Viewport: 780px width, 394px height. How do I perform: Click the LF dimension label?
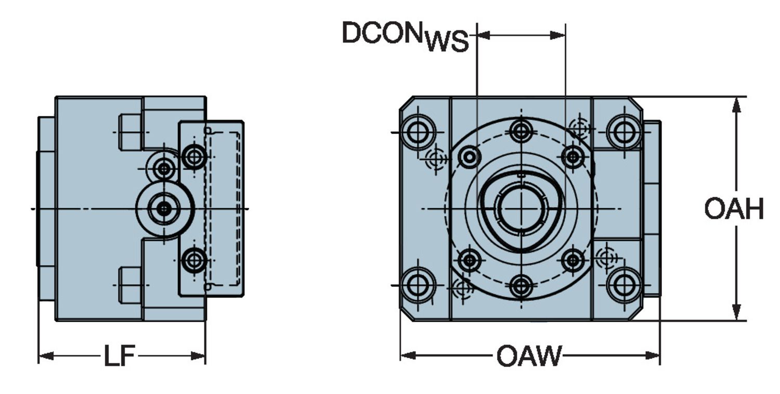[x=119, y=357]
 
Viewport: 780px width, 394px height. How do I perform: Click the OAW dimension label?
[x=529, y=357]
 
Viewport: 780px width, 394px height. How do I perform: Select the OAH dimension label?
[x=734, y=209]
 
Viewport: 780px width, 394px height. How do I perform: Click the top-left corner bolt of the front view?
[x=418, y=132]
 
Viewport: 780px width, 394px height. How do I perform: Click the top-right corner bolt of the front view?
[x=624, y=132]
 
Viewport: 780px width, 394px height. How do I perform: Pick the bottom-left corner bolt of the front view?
[x=418, y=285]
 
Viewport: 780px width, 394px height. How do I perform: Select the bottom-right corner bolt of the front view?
[x=624, y=285]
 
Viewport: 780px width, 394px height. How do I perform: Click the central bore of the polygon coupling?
[x=521, y=209]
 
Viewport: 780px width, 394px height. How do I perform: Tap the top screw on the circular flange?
[x=521, y=130]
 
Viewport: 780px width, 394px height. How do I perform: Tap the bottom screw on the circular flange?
[x=521, y=286]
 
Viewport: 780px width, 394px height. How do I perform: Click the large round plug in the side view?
[x=164, y=209]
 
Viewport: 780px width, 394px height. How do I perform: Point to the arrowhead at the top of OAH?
[x=736, y=104]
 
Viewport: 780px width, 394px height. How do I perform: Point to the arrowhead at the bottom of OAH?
[x=736, y=313]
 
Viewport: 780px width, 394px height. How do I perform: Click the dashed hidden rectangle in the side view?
[x=223, y=208]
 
